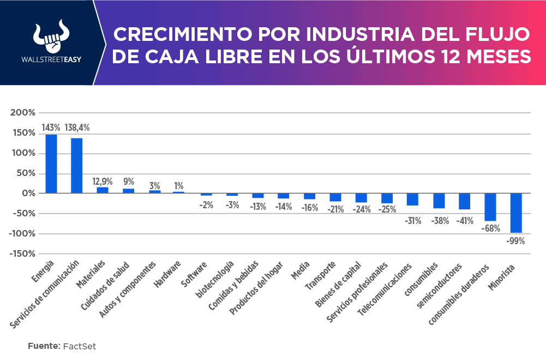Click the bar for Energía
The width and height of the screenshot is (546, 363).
click(x=51, y=164)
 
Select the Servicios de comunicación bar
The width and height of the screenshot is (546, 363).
click(x=77, y=165)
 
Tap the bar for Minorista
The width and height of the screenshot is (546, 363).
click(x=516, y=213)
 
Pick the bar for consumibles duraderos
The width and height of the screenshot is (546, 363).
click(x=490, y=207)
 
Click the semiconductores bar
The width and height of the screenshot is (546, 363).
click(x=464, y=201)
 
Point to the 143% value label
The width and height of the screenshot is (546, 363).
click(x=51, y=128)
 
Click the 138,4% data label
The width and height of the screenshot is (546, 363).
click(x=77, y=128)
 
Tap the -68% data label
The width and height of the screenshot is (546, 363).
click(x=490, y=228)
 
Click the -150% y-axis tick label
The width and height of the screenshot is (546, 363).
click(x=21, y=253)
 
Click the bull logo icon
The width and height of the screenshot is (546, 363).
click(x=50, y=38)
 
